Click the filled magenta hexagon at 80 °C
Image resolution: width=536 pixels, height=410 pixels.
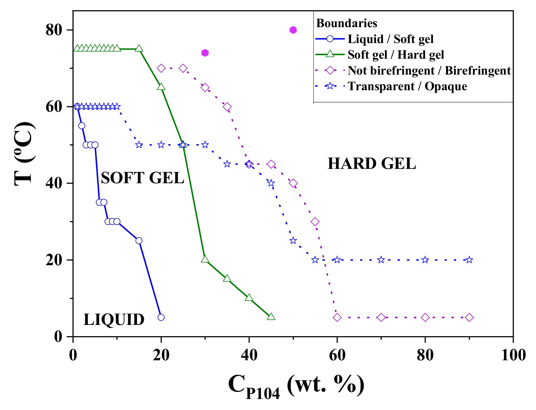293,30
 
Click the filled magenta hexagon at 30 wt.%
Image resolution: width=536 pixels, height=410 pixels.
205,53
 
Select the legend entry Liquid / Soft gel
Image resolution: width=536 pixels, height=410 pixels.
390,39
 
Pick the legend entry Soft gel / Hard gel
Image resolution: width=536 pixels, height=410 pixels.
395,55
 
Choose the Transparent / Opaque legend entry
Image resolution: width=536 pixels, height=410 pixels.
407,86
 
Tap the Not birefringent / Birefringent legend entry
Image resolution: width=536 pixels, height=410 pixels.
429,70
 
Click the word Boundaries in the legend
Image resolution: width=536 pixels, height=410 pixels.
347,23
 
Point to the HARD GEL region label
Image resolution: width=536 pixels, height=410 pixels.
371,164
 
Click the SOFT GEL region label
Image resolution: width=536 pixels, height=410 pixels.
142,178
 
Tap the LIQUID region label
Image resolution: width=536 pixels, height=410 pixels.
114,320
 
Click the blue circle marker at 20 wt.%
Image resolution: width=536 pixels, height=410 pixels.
161,317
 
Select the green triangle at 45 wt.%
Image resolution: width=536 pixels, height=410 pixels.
271,317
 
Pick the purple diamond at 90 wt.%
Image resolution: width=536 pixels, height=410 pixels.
469,317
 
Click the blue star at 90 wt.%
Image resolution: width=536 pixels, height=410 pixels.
469,260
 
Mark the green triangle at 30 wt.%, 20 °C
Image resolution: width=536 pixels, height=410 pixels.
205,259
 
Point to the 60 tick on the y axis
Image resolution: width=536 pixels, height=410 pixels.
54,107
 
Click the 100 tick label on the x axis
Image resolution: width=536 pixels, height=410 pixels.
513,355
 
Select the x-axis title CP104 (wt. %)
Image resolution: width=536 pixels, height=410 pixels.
296,386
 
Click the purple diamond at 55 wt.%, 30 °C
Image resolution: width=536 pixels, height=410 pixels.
315,222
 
